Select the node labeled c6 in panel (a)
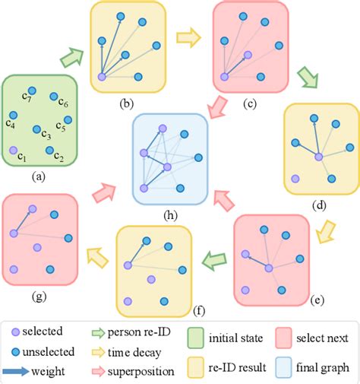[x=54, y=97]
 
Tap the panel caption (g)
[x=39, y=290]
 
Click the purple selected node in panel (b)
[x=102, y=76]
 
